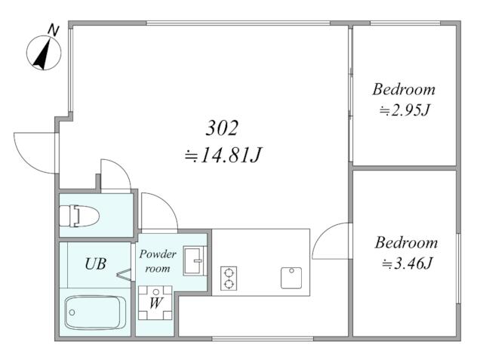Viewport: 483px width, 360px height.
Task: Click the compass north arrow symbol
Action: click(x=44, y=53)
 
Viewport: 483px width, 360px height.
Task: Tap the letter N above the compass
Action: click(x=54, y=30)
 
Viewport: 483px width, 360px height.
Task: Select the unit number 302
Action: click(x=222, y=128)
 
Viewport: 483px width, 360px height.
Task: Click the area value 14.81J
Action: click(x=223, y=155)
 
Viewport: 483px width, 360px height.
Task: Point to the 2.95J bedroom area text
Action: click(x=405, y=110)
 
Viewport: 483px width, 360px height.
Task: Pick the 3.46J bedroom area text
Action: click(x=408, y=263)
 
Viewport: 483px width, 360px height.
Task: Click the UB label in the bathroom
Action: click(x=96, y=264)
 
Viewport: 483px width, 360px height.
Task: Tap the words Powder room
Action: click(x=158, y=261)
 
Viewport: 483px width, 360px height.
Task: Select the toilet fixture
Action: click(x=78, y=216)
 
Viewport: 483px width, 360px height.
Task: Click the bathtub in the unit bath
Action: click(x=95, y=312)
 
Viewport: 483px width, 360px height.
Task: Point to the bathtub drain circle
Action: click(x=72, y=312)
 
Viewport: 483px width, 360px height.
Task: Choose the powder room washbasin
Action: click(x=195, y=260)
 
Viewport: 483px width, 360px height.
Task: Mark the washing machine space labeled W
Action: click(x=155, y=303)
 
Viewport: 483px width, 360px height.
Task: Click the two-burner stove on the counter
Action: click(x=229, y=278)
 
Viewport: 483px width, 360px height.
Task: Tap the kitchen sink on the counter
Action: click(x=291, y=278)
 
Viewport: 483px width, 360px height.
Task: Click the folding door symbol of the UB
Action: click(x=125, y=275)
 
